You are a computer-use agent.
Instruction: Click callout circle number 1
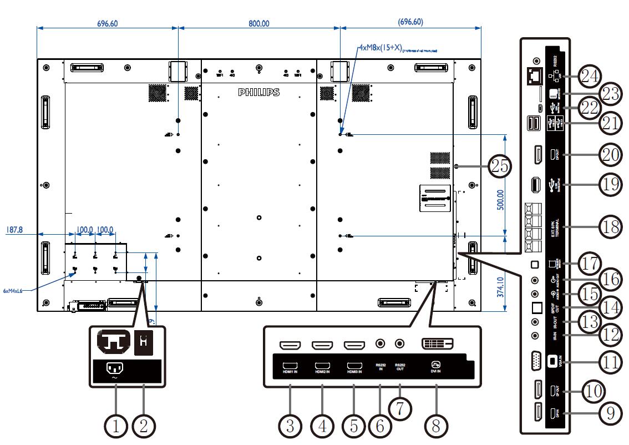pyautogui.click(x=116, y=426)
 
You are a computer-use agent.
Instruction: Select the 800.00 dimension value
pyautogui.click(x=259, y=23)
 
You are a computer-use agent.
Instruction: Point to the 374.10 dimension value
pyautogui.click(x=500, y=287)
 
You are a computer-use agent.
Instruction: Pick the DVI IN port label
pyautogui.click(x=436, y=369)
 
